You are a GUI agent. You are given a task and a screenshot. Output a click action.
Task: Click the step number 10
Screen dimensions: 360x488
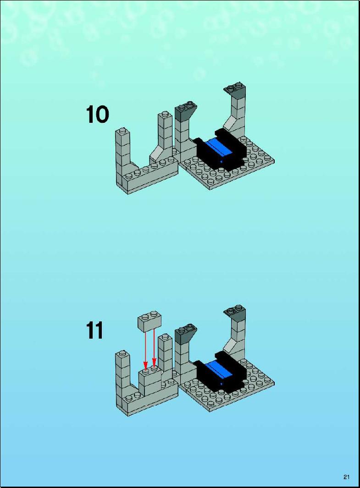pos(97,115)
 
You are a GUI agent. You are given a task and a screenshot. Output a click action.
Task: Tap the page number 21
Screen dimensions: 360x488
pos(347,477)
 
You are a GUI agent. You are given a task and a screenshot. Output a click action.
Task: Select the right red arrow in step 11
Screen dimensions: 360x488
pos(154,347)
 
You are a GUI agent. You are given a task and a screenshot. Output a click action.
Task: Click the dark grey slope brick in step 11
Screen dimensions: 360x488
pos(185,334)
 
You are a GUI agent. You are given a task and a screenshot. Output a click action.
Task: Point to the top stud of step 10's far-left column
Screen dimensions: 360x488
pos(123,130)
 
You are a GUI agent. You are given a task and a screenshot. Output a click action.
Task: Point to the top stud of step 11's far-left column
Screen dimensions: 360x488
pos(123,353)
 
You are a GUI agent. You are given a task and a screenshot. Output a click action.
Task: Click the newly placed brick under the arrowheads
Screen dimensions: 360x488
pos(150,382)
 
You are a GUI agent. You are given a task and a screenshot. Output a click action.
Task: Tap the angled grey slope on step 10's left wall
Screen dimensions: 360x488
pos(157,154)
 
